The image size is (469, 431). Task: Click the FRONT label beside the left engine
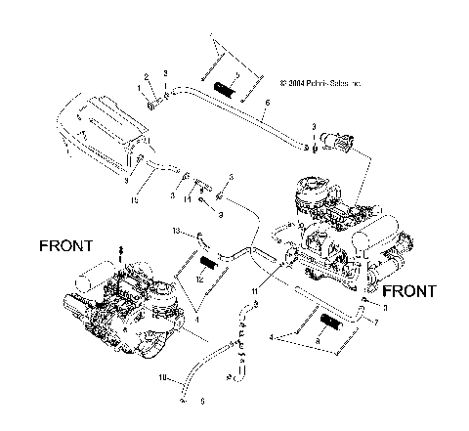pos(66,245)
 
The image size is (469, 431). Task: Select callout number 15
pos(135,200)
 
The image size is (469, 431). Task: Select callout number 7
pos(378,322)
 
